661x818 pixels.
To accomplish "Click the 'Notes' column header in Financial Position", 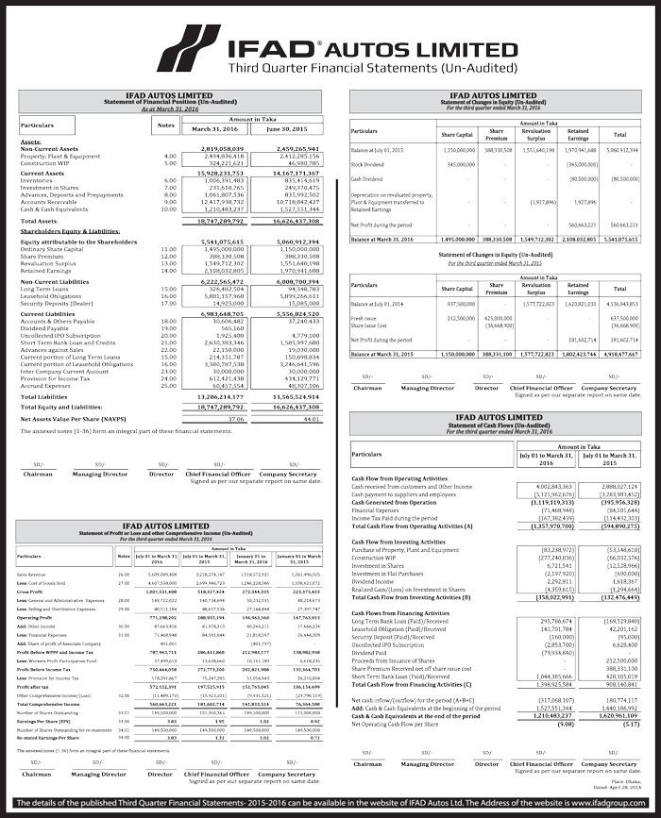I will (167, 125).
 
